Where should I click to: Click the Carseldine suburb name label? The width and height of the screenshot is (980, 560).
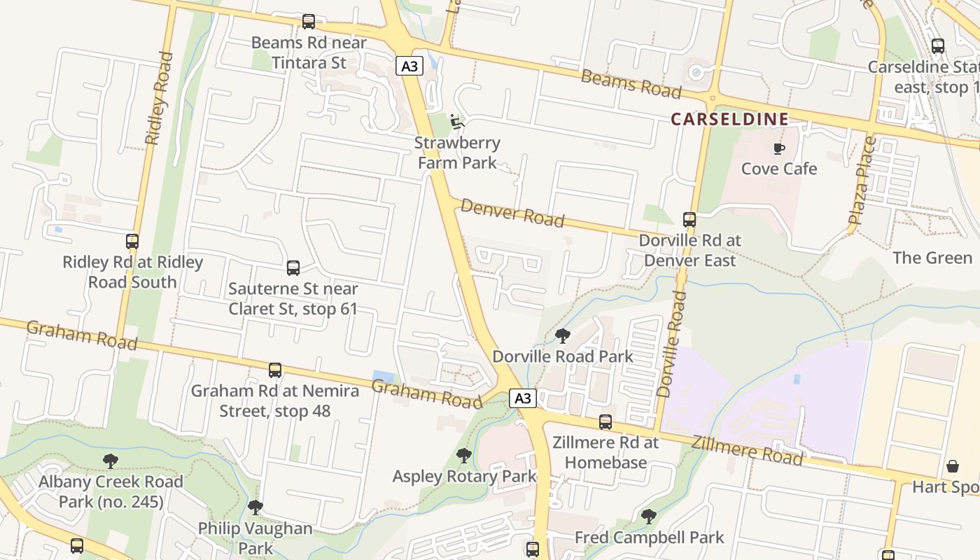pyautogui.click(x=729, y=119)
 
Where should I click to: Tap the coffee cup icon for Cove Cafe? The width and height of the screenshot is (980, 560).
pyautogui.click(x=778, y=148)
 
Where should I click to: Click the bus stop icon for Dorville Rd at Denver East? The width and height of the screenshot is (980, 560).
pyautogui.click(x=689, y=220)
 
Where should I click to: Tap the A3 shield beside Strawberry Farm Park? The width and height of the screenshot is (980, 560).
pyautogui.click(x=410, y=66)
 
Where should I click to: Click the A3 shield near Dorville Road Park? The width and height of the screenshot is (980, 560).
pyautogui.click(x=522, y=398)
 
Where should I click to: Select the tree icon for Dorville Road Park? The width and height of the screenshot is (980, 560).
pyautogui.click(x=563, y=336)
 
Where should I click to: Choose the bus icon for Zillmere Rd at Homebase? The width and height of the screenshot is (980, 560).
pyautogui.click(x=605, y=422)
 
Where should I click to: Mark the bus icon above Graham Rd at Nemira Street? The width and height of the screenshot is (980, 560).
pyautogui.click(x=275, y=370)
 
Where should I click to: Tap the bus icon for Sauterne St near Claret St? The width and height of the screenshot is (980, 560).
pyautogui.click(x=293, y=267)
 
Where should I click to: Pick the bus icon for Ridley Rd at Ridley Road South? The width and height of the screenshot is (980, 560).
pyautogui.click(x=132, y=241)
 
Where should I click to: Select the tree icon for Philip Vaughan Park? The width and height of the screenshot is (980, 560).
pyautogui.click(x=255, y=507)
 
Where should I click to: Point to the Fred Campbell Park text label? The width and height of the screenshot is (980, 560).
pyautogui.click(x=649, y=538)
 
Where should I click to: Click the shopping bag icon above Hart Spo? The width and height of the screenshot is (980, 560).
pyautogui.click(x=953, y=466)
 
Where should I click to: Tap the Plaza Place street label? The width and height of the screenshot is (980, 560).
pyautogui.click(x=862, y=181)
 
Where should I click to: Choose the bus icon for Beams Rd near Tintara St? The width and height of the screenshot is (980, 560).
pyautogui.click(x=309, y=22)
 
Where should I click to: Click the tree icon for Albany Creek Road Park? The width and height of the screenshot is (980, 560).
pyautogui.click(x=110, y=461)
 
